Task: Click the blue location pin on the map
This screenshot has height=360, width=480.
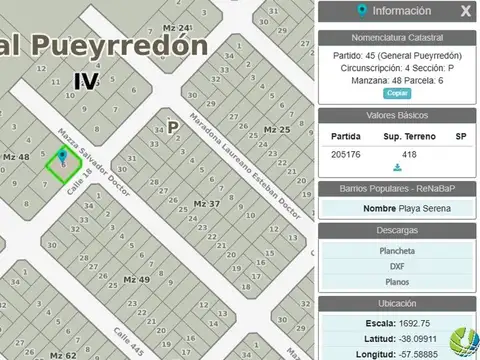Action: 64,156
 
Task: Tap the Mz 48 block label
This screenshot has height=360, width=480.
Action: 17,157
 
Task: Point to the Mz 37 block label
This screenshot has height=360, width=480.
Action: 205,203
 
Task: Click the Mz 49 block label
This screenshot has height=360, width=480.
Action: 136,277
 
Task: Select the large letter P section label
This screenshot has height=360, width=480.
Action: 173,127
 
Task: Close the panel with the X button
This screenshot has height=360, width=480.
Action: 465,12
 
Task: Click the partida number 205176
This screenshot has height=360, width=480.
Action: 346,154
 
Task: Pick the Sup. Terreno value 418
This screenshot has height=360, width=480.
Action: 408,154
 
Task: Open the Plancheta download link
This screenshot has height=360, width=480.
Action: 398,251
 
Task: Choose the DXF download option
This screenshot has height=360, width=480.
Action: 398,267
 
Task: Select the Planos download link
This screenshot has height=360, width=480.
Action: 398,283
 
